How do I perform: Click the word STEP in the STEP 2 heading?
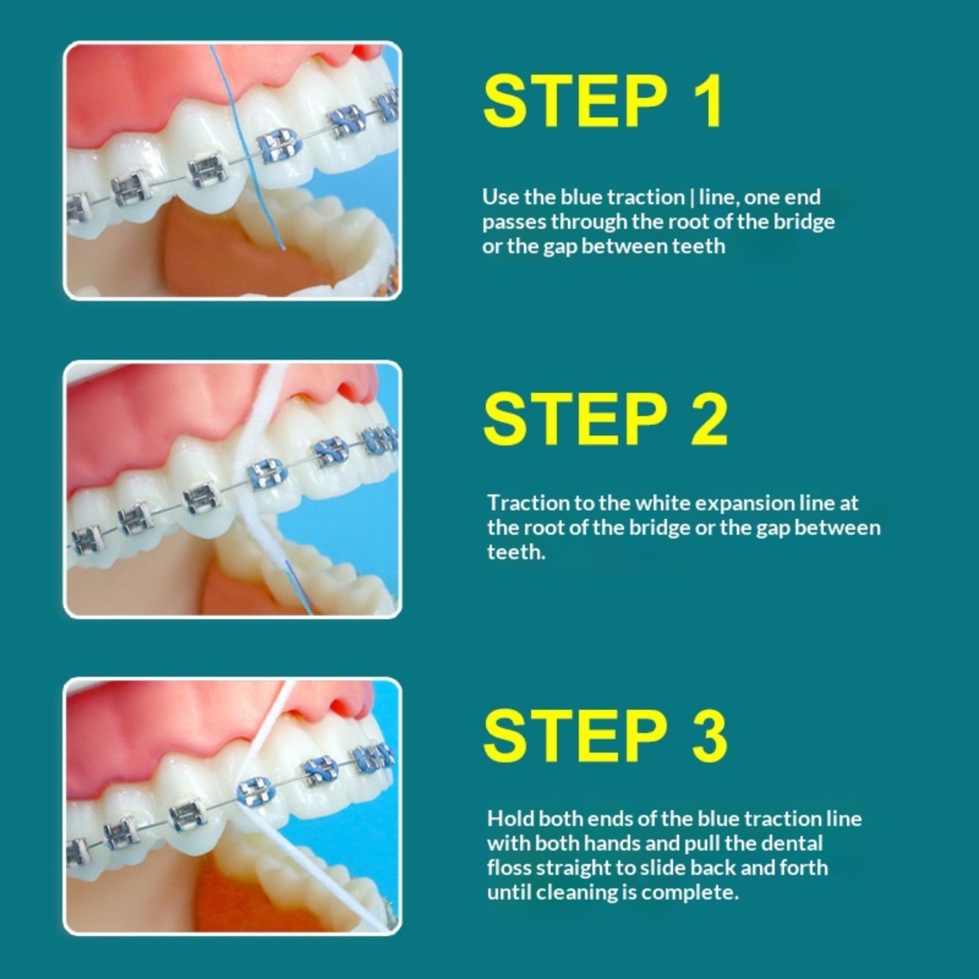(x=575, y=419)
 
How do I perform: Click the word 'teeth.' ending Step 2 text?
(x=516, y=552)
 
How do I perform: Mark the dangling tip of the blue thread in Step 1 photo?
(x=283, y=248)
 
